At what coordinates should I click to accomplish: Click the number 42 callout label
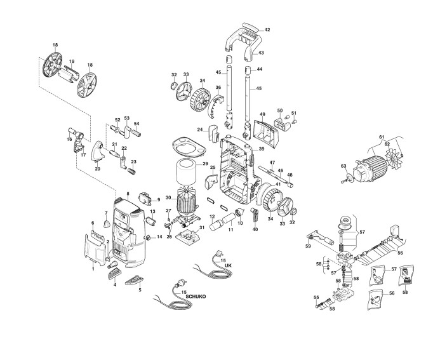tap(267, 30)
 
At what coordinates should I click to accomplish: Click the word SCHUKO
tap(197, 297)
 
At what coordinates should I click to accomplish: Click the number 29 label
tap(205, 165)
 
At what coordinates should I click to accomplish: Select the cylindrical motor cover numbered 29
tap(187, 171)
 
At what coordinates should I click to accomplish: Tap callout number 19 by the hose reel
tap(72, 62)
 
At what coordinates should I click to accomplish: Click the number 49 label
tap(261, 115)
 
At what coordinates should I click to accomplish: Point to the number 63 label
tap(343, 166)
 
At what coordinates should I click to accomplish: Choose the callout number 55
tap(316, 297)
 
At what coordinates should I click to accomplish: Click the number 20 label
tap(97, 169)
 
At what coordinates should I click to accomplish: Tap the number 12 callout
tap(213, 217)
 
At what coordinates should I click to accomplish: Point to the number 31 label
tap(203, 228)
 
